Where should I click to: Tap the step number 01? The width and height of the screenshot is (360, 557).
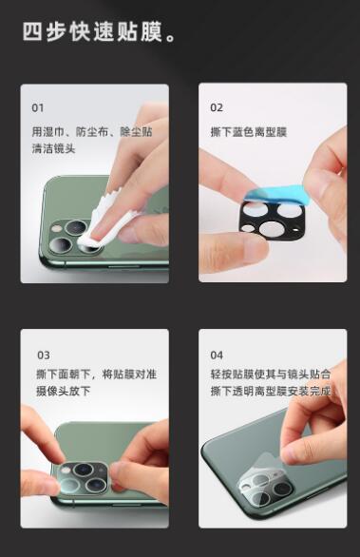tap(38, 107)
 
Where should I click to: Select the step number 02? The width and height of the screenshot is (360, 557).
tap(217, 107)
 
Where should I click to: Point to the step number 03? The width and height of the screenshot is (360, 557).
tap(44, 355)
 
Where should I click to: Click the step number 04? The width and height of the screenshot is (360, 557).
tap(217, 355)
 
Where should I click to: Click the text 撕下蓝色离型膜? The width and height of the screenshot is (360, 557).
tap(248, 132)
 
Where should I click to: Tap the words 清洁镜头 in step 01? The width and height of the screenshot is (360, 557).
tap(53, 148)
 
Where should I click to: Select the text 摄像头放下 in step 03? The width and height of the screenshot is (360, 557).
tap(64, 391)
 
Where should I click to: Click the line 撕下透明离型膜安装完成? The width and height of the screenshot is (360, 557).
tap(271, 391)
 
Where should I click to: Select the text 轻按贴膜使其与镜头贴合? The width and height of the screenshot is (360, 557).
tap(271, 375)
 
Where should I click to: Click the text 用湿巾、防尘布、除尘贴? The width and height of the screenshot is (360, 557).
tap(92, 132)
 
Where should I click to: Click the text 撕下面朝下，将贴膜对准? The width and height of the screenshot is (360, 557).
tap(96, 375)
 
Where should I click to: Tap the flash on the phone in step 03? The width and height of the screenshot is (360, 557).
tap(66, 470)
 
